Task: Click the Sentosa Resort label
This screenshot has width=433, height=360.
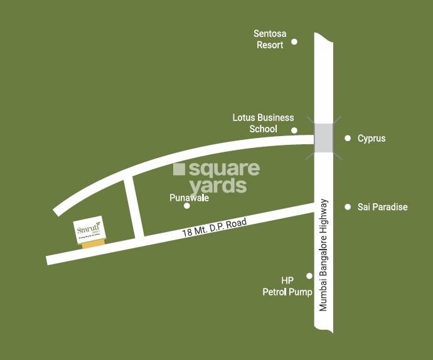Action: tap(268, 39)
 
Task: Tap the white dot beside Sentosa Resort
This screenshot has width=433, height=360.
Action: tap(294, 42)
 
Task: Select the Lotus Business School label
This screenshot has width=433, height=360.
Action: tap(263, 123)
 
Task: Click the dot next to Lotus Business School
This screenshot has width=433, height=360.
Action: tap(294, 130)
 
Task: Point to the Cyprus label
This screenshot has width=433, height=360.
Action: tap(372, 138)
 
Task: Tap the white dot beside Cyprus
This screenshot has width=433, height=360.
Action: tap(348, 138)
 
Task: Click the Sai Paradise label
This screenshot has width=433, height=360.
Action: tap(382, 207)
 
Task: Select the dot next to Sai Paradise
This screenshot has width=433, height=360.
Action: tap(348, 207)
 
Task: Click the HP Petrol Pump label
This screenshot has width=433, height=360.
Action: tap(287, 285)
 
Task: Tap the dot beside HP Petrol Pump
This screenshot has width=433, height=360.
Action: tap(309, 275)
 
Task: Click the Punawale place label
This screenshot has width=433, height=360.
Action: tap(189, 198)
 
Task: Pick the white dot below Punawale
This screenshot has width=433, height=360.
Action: tap(186, 206)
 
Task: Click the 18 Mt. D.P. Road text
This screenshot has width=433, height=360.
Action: tap(215, 227)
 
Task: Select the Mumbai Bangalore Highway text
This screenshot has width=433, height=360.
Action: tap(324, 255)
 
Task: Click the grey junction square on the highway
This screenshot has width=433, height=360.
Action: tap(324, 138)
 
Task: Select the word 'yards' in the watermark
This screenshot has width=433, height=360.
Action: tap(218, 186)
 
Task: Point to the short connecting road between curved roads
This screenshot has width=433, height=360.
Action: tap(134, 208)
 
